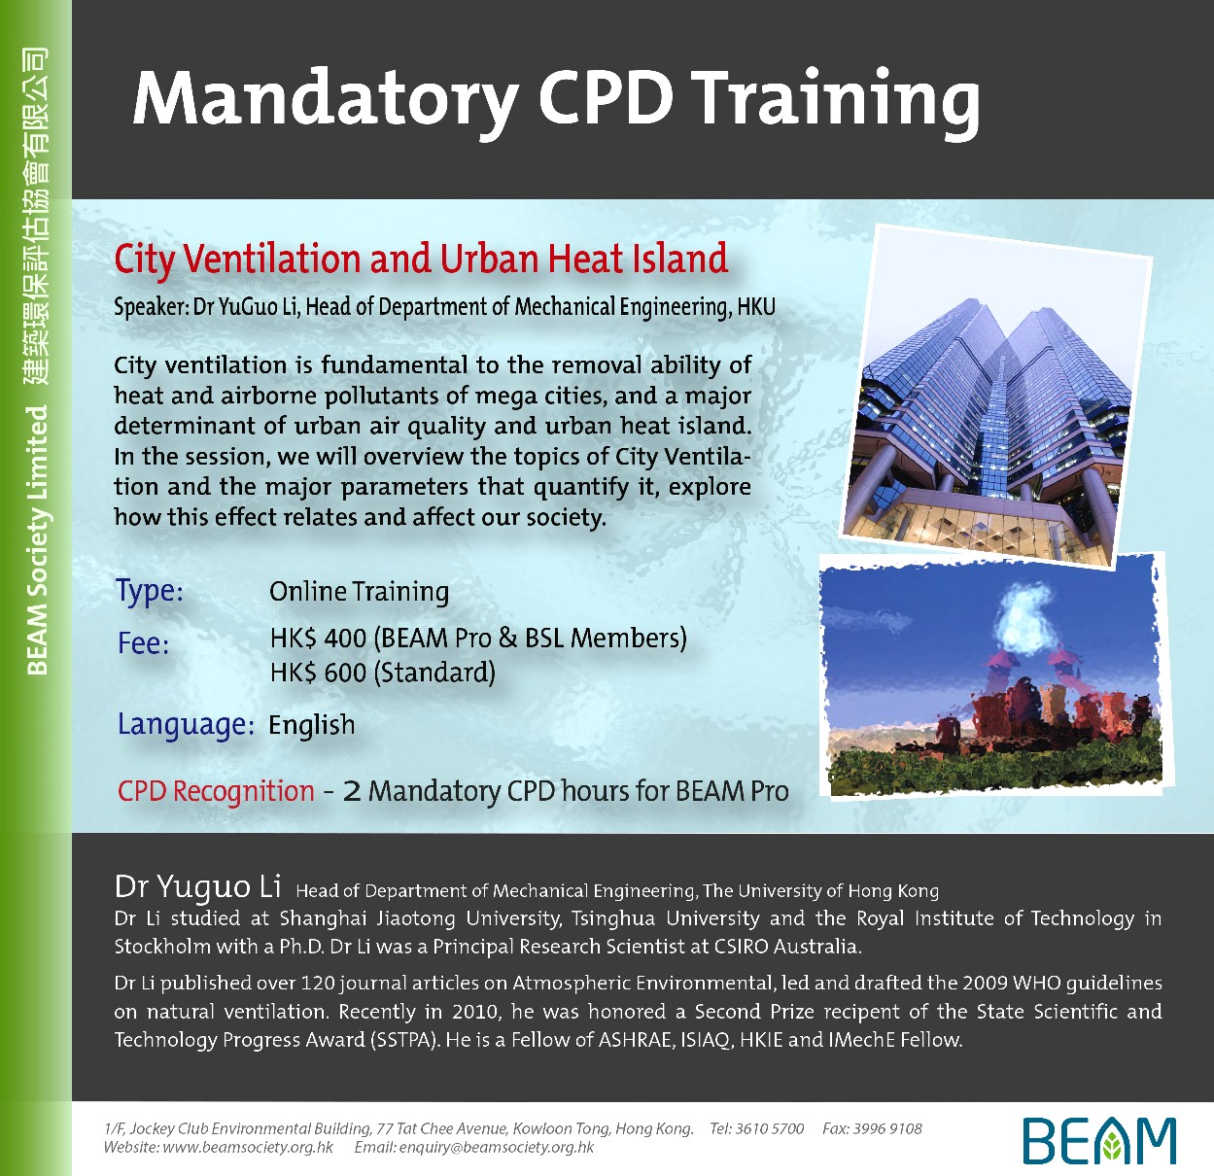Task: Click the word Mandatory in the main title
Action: click(326, 100)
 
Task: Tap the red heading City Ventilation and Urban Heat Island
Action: click(421, 259)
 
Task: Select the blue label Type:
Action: click(150, 590)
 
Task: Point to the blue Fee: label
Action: click(144, 642)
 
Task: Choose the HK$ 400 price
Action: click(318, 638)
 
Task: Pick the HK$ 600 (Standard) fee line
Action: click(383, 673)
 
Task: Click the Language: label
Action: click(186, 725)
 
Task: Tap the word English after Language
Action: click(312, 725)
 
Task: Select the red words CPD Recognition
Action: click(216, 791)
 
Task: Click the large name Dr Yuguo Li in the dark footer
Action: click(197, 887)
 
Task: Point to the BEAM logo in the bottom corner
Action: click(1099, 1141)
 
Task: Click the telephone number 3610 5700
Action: click(770, 1128)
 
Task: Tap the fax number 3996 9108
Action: click(887, 1128)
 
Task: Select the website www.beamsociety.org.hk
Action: click(248, 1147)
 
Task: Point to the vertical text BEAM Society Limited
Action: click(38, 540)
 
